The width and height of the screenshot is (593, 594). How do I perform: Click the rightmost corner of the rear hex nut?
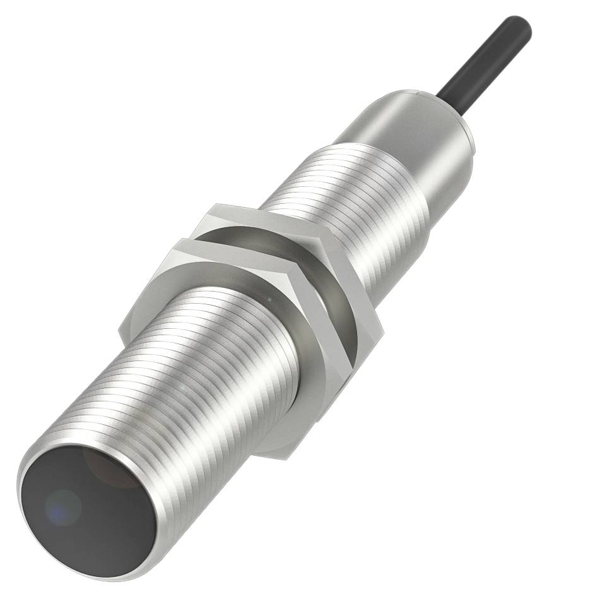coord(383,328)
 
